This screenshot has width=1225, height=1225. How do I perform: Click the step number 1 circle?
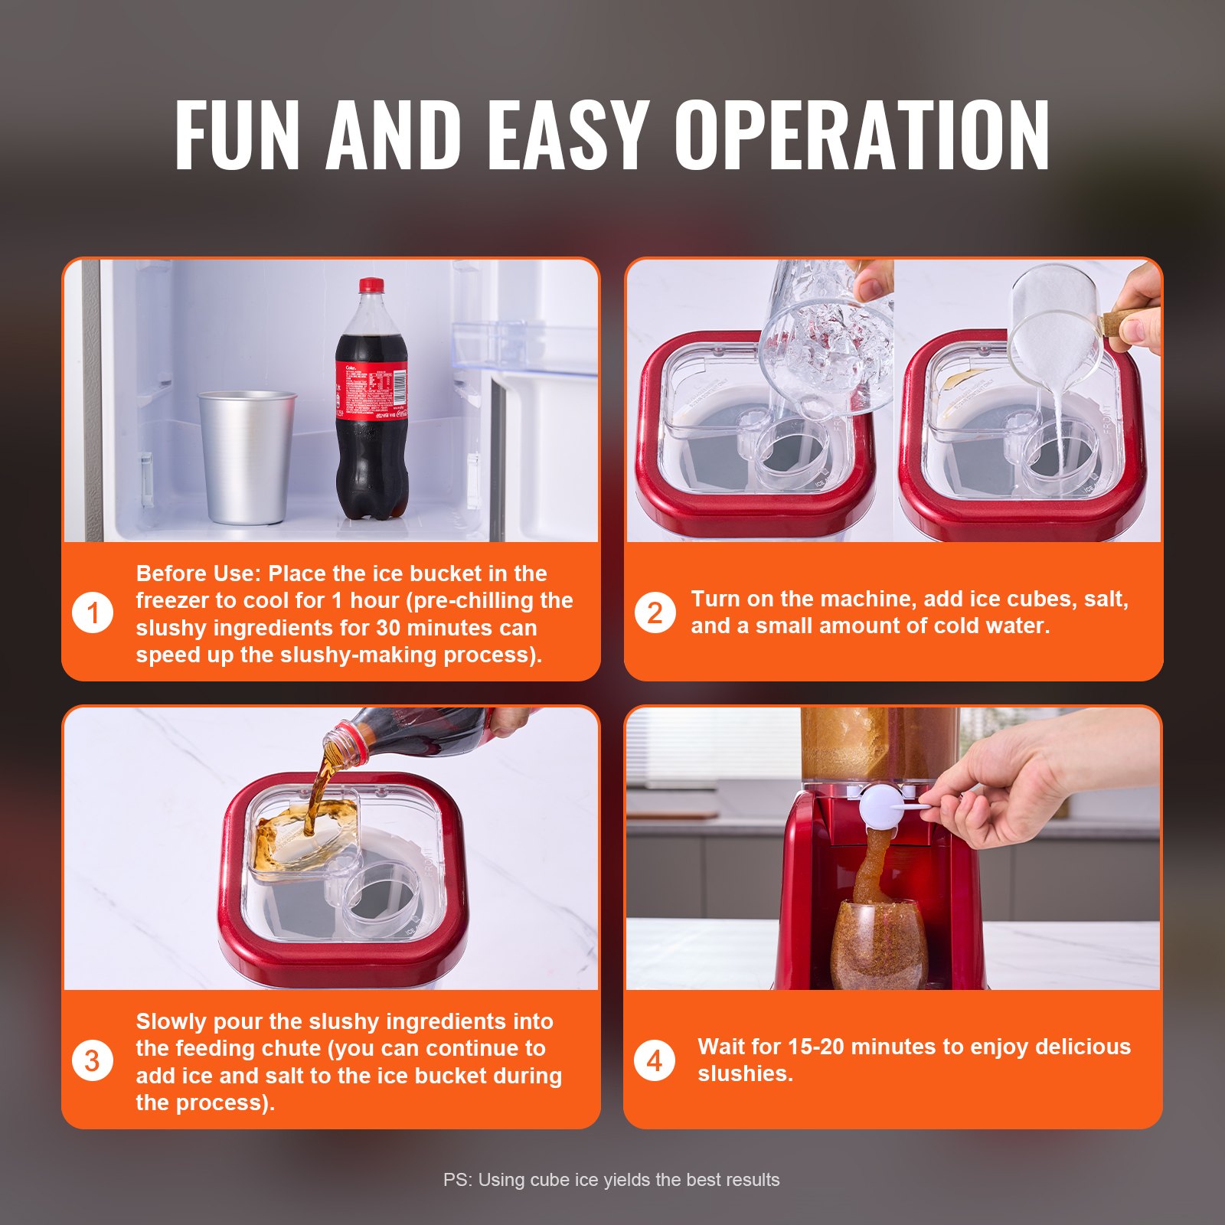click(93, 613)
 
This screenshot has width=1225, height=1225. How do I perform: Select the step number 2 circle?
click(655, 613)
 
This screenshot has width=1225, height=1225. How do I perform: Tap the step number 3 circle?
click(93, 1061)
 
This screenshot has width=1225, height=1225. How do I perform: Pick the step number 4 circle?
click(655, 1061)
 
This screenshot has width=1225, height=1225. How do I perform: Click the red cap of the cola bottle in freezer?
click(371, 286)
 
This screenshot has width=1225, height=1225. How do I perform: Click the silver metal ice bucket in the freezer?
click(247, 457)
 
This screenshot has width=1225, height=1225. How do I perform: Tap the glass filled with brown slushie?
click(878, 946)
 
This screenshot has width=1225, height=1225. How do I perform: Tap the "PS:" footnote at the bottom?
click(458, 1180)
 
